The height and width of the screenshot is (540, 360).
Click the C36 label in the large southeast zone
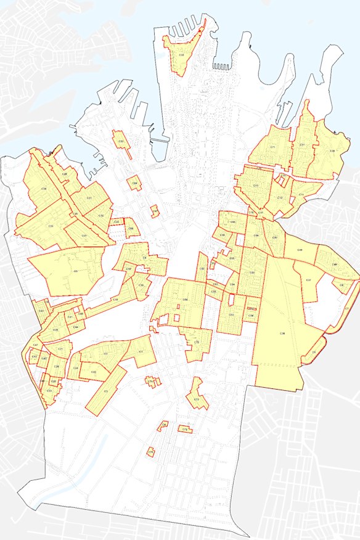coord(282,333)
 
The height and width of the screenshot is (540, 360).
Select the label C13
coord(255,186)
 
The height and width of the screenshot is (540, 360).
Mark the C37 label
coord(308,280)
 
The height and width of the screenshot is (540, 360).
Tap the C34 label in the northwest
coord(44,188)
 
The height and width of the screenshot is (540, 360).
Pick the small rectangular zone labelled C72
coord(184,428)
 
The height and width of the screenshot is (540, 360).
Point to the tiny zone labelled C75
coord(150,452)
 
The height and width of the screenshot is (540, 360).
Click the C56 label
coord(185,300)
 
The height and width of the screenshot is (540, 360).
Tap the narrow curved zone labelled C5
coord(314,352)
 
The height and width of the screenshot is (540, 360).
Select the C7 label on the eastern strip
coord(347,308)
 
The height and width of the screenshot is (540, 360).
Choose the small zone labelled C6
coord(342,284)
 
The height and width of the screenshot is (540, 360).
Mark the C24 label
coord(76,368)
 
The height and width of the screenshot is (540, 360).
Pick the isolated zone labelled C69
coord(134,182)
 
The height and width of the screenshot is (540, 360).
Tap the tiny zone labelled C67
coord(155,211)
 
